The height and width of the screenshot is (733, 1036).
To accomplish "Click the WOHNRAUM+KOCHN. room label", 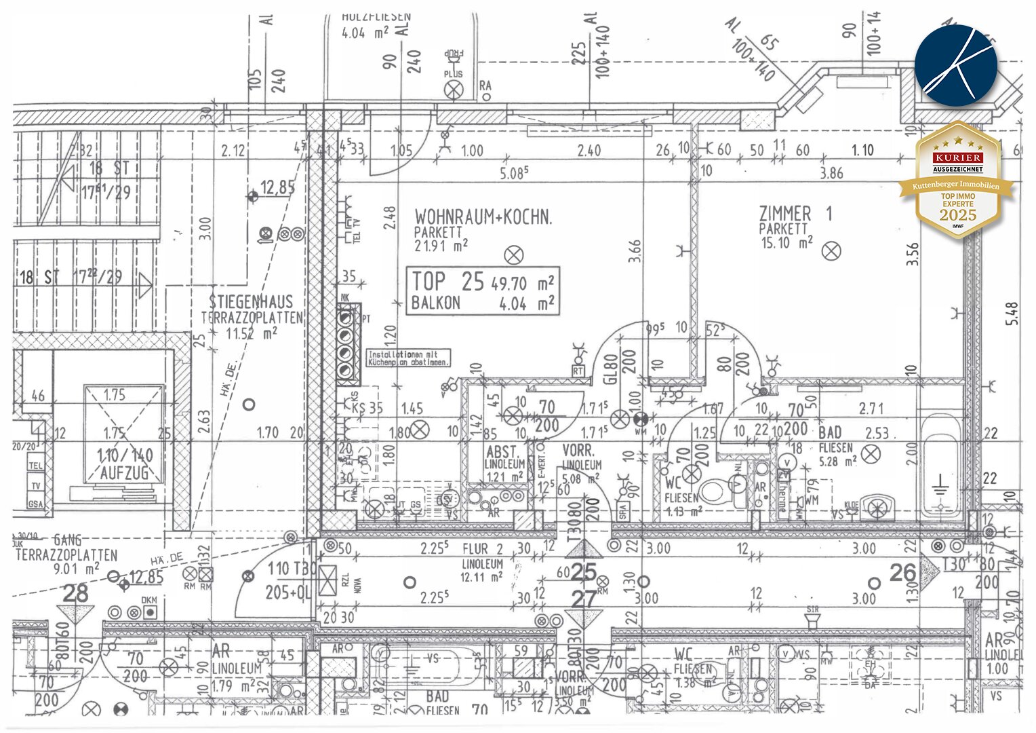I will pyautogui.click(x=483, y=217).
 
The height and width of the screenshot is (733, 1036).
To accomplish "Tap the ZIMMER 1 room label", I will pyautogui.click(x=795, y=214).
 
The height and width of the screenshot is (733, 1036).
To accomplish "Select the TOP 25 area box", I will pyautogui.click(x=483, y=291).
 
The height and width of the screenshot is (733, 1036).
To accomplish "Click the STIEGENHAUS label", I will pyautogui.click(x=251, y=302).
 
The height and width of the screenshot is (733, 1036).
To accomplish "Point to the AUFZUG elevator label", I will pyautogui.click(x=124, y=473).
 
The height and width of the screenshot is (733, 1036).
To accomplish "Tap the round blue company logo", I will pyautogui.click(x=956, y=65).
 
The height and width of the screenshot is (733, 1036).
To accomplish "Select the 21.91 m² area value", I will pyautogui.click(x=441, y=246).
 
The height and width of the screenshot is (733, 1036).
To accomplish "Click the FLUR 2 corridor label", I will pyautogui.click(x=483, y=549).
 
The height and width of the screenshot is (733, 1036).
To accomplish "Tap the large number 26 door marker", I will pyautogui.click(x=903, y=573).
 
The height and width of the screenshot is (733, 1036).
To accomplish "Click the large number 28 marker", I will pyautogui.click(x=75, y=594).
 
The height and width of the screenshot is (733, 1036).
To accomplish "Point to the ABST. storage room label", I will pyautogui.click(x=502, y=452).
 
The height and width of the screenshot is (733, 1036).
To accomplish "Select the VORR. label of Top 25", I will pyautogui.click(x=578, y=451).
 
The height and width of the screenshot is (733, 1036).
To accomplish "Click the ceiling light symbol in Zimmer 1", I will pyautogui.click(x=831, y=251).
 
